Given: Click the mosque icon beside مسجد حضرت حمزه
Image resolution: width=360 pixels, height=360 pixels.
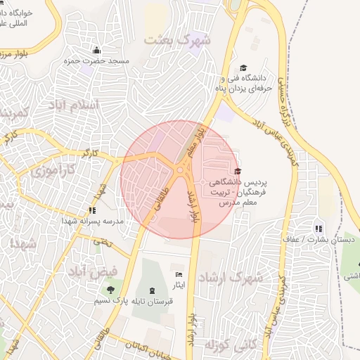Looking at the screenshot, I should pos(97,50).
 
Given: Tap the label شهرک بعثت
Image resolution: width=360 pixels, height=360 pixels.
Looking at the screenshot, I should pos(177,39).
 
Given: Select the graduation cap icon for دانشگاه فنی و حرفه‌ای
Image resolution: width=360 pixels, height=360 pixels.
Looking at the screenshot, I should pos(243,68).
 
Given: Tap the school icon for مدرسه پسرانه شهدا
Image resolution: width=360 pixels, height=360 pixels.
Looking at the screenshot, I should pos(91,210).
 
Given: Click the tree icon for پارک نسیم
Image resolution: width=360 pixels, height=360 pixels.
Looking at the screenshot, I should pos(110,289).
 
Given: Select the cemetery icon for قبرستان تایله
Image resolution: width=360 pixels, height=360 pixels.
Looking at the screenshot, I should pos(153,290).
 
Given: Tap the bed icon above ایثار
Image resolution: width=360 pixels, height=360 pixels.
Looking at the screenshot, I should pos(179,274).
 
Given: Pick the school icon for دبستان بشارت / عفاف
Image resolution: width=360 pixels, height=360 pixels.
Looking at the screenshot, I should pos(319,228).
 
